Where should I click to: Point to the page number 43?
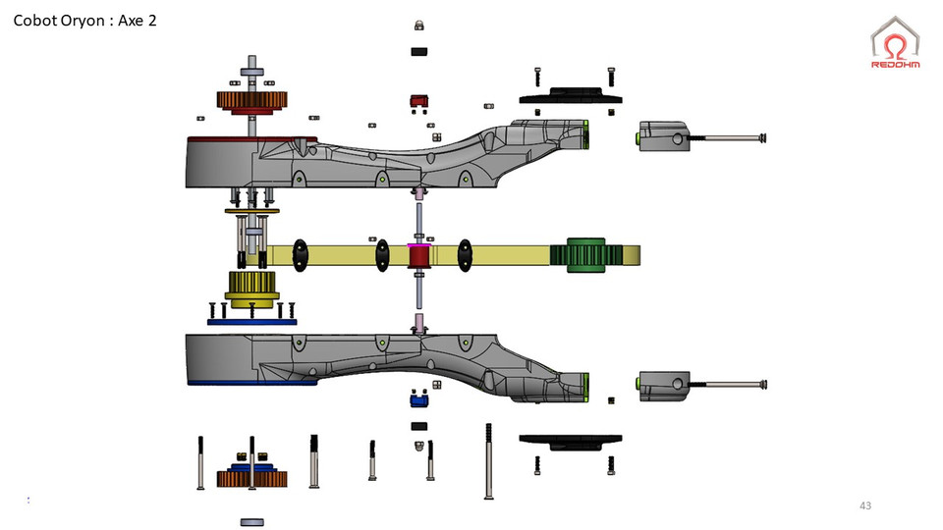click(x=864, y=505)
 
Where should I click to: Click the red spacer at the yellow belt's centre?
click(x=420, y=257)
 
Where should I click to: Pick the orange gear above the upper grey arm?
click(x=251, y=100)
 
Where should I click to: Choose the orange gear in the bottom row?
click(x=251, y=479)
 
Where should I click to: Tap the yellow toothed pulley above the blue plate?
click(x=252, y=288)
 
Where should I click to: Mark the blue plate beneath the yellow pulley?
click(x=252, y=320)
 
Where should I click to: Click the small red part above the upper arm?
click(x=418, y=100)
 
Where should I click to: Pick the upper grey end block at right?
click(x=667, y=136)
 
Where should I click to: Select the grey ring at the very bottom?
click(x=252, y=522)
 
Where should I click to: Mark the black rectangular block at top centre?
click(x=418, y=50)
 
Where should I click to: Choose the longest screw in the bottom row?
click(x=489, y=460)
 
